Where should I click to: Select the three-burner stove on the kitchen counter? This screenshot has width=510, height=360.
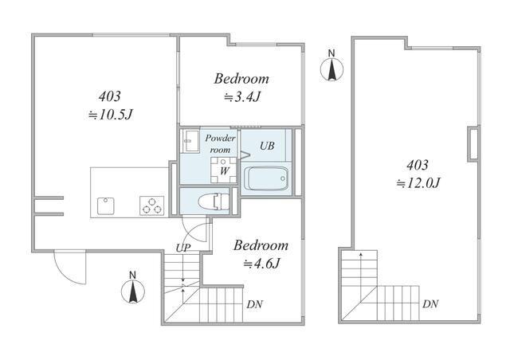click(152, 205)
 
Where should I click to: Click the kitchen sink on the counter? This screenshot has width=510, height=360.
click(106, 205)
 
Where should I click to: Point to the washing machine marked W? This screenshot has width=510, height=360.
click(224, 170)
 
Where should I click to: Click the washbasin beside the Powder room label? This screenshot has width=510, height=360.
click(190, 141)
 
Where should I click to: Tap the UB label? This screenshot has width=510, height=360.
click(267, 146)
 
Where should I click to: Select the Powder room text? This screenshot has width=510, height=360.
click(220, 143)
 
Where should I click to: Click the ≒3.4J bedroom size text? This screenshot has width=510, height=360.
click(242, 97)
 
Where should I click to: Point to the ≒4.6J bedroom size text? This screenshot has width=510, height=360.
click(262, 264)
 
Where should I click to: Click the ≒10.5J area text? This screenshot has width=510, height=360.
click(111, 115)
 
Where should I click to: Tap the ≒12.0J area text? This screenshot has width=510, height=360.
click(418, 183)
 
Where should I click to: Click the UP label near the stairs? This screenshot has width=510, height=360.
click(182, 248)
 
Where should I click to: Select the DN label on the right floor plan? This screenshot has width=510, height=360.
click(430, 304)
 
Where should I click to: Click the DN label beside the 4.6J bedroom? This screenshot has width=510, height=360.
click(254, 304)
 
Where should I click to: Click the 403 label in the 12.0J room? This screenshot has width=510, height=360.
click(418, 165)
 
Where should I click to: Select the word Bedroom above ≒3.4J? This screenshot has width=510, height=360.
click(241, 79)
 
